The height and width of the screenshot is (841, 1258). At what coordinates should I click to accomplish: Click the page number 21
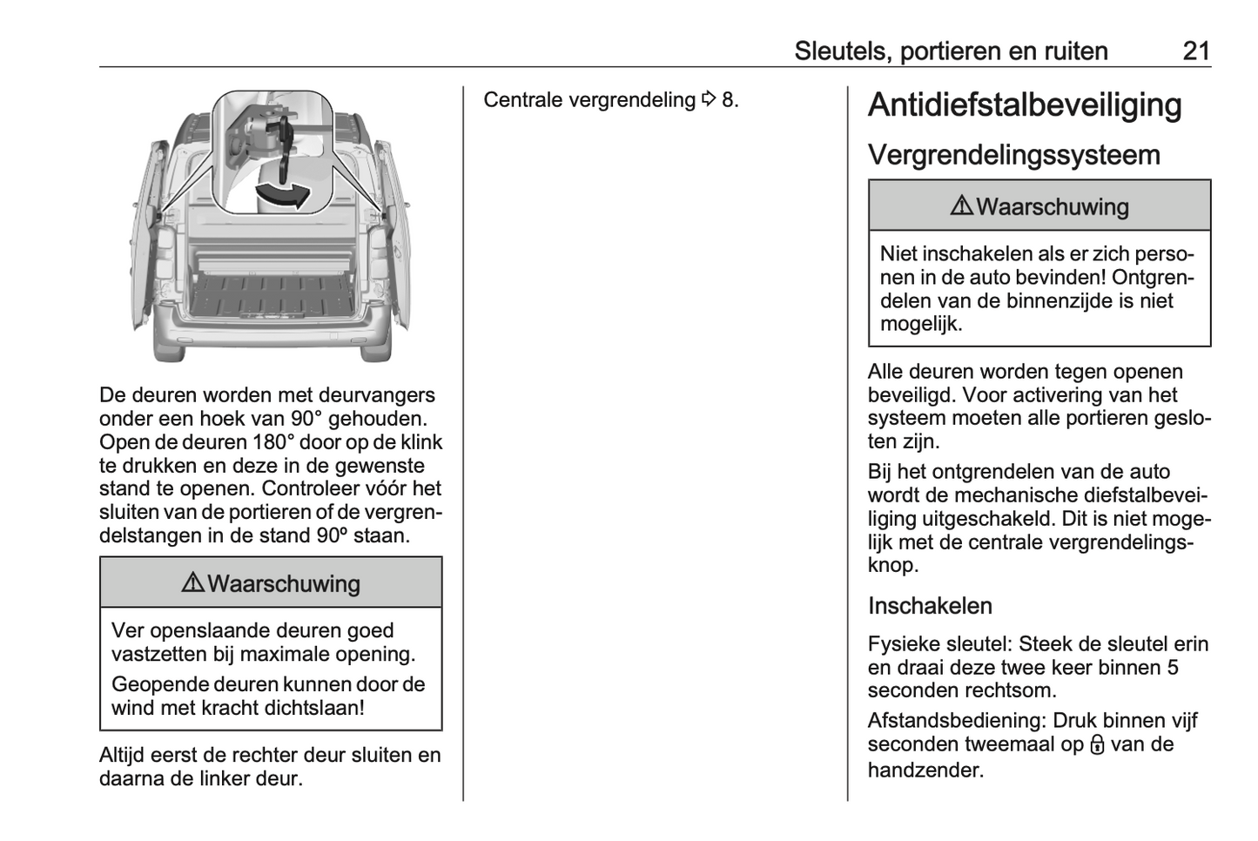tap(1196, 50)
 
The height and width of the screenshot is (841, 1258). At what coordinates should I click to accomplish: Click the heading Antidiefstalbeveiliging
tap(1025, 105)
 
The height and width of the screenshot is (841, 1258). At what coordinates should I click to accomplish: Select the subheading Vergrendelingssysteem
tap(1013, 155)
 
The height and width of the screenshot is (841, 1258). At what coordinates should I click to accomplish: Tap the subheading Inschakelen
tap(930, 606)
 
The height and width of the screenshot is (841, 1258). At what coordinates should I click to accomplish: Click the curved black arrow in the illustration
tap(283, 194)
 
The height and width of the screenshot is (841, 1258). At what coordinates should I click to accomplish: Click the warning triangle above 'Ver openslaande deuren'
tap(192, 583)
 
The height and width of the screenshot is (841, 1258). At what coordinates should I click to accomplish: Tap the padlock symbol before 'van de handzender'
tap(1097, 745)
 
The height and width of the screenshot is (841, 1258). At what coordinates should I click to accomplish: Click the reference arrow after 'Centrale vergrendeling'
tap(708, 100)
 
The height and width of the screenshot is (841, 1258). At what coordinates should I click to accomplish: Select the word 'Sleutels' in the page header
tap(839, 51)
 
